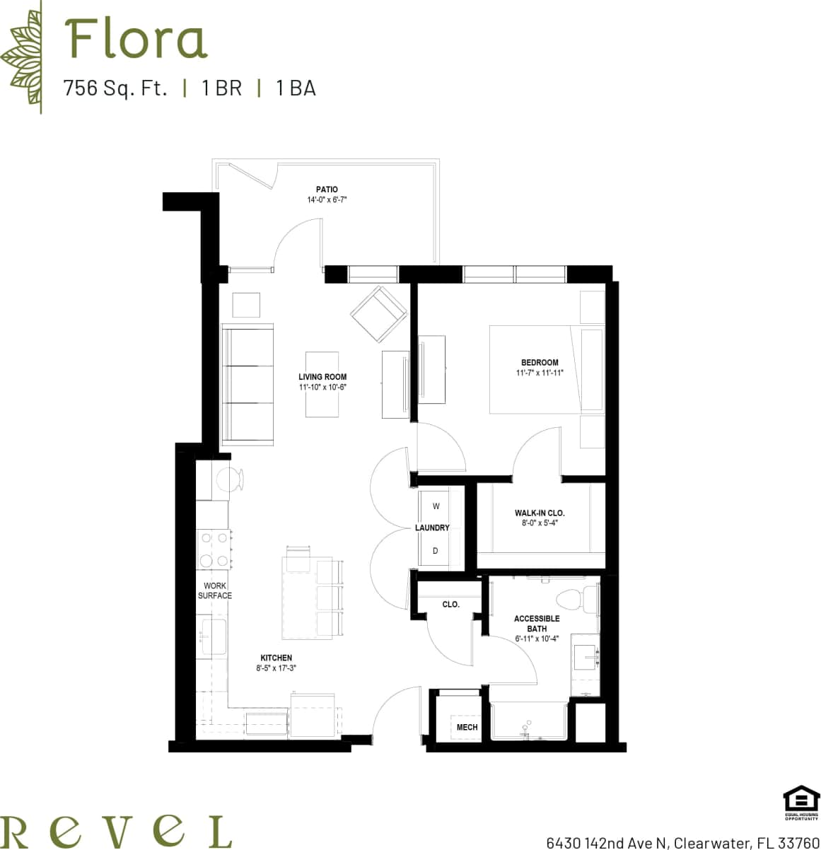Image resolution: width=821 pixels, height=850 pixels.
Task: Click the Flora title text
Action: [136, 40]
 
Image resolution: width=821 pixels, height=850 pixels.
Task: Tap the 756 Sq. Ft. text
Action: [115, 88]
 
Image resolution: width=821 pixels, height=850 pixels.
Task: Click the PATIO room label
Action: [327, 190]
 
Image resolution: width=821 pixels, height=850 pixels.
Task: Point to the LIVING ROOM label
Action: [322, 377]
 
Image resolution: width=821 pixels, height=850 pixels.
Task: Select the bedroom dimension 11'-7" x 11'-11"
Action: [540, 373]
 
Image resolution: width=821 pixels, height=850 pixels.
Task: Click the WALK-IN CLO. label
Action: [540, 513]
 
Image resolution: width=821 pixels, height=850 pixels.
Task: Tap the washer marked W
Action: [436, 506]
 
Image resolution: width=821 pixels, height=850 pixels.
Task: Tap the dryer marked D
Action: [436, 550]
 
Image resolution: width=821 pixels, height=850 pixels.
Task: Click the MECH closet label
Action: [467, 727]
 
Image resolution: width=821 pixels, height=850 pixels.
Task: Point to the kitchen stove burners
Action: [214, 549]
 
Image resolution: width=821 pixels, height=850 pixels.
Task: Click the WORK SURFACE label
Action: [214, 590]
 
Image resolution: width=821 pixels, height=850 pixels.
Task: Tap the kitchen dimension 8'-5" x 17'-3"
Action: [276, 668]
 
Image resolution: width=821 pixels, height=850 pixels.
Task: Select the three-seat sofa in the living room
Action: [248, 385]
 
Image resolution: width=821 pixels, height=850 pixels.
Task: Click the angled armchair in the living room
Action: [379, 313]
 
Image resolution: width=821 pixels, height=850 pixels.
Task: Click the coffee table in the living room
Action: [322, 384]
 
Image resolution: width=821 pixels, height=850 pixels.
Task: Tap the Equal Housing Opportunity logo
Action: [800, 804]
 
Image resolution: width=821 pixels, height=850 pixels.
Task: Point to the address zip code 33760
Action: [798, 842]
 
